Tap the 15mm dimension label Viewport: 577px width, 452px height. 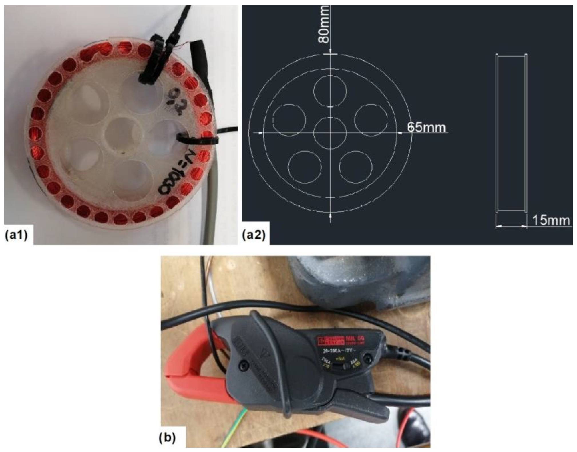(550, 221)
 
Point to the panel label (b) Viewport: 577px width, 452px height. (167, 437)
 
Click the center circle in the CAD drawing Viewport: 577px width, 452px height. (330, 132)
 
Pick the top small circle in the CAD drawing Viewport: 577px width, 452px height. (330, 91)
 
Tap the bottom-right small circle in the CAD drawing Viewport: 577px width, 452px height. (356, 167)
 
